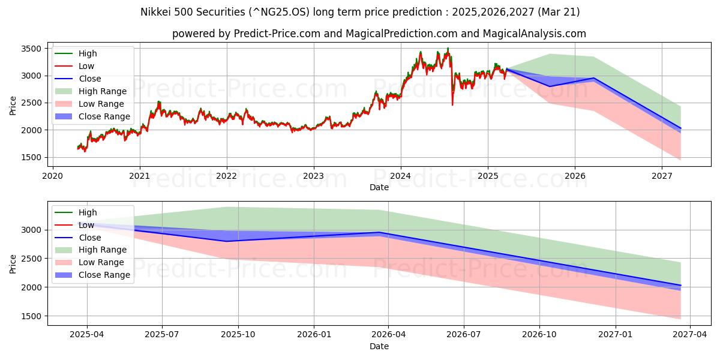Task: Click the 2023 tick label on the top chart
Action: tap(313, 176)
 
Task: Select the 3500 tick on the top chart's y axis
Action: tap(32, 49)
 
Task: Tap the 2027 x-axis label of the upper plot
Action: tap(662, 176)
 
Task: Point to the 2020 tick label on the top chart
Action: tap(52, 176)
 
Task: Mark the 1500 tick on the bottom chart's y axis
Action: tap(32, 316)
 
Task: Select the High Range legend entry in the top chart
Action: tap(102, 91)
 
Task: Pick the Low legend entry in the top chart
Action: tap(86, 66)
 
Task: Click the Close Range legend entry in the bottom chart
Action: tap(104, 275)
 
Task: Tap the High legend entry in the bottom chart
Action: tap(87, 212)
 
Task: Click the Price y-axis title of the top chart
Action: tap(13, 105)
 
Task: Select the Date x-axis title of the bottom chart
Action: tap(379, 346)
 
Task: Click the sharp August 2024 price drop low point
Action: tap(452, 105)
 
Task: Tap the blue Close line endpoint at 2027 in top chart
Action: tap(680, 128)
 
